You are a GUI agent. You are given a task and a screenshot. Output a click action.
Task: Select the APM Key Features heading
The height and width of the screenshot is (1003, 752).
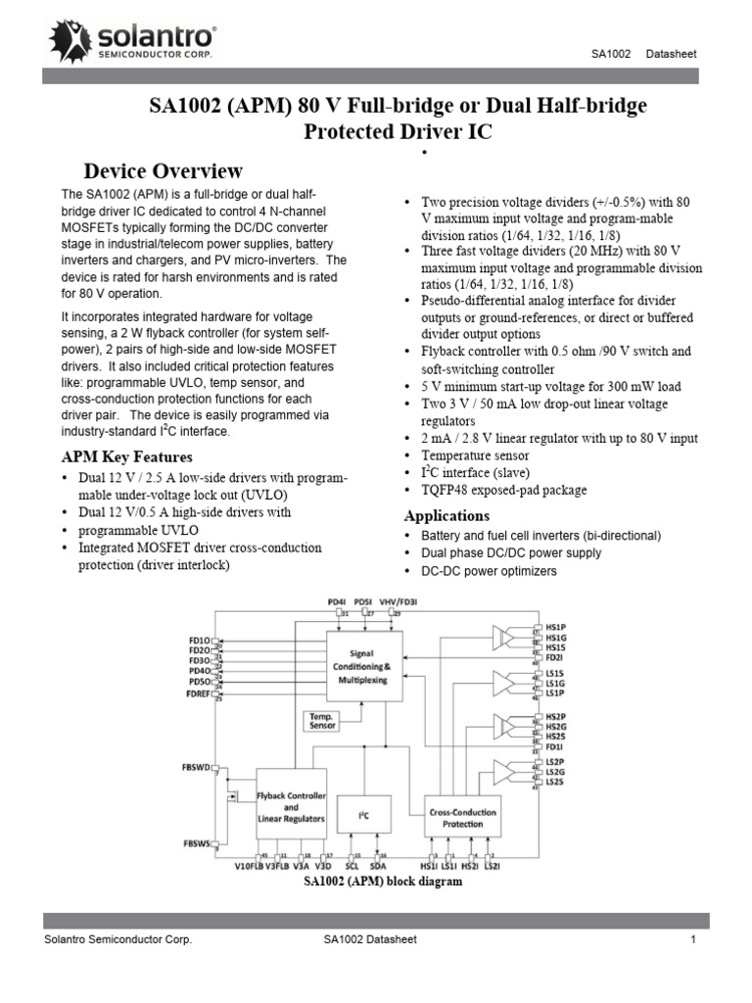point(127,456)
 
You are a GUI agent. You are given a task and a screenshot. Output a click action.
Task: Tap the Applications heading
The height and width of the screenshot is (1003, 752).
point(447,515)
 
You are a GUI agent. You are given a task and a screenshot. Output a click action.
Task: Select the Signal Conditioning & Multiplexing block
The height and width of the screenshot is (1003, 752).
point(363,665)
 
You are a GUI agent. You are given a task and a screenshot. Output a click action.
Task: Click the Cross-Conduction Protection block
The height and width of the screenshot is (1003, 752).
point(463,818)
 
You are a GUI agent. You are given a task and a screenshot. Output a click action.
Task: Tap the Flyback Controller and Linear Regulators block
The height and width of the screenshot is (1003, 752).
point(291,805)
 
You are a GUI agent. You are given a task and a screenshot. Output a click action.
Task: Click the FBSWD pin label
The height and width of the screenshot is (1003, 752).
point(197,768)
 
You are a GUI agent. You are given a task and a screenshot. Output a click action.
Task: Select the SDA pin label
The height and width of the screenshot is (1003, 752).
point(379,866)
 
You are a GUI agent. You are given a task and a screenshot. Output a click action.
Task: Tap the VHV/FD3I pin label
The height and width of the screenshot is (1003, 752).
point(399,600)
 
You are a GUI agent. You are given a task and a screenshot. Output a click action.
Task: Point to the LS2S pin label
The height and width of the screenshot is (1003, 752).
point(555,781)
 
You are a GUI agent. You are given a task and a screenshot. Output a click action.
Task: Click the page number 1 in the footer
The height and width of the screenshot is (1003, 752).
point(692,940)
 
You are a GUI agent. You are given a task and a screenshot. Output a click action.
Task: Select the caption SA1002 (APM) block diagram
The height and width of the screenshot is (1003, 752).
point(382,882)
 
